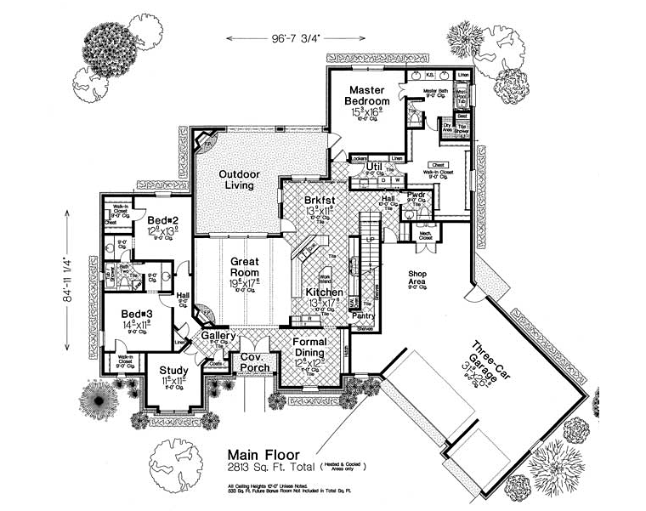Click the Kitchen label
(x=324, y=292)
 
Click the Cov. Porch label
(x=254, y=362)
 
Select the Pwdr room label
(x=416, y=194)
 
